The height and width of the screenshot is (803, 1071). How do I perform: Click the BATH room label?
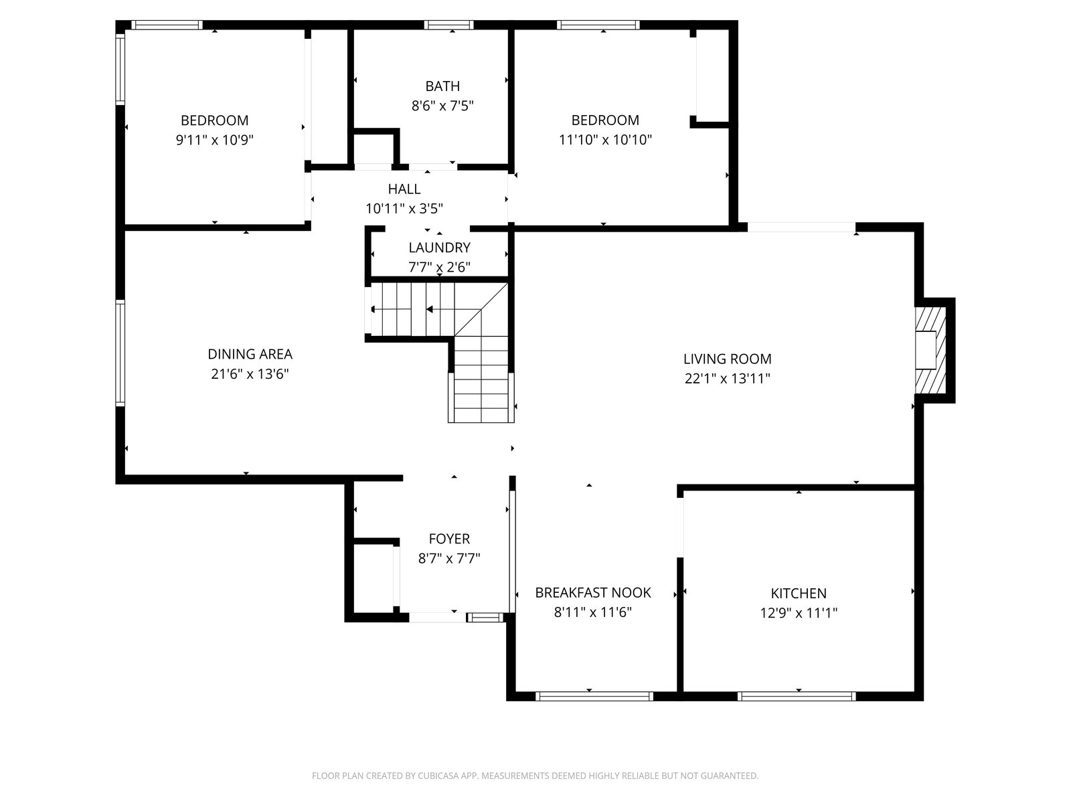pyautogui.click(x=442, y=86)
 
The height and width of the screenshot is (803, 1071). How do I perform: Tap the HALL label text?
pyautogui.click(x=404, y=189)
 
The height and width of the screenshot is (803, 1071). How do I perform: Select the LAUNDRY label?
pyautogui.click(x=439, y=248)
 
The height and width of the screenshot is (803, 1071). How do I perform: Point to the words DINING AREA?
pyautogui.click(x=250, y=354)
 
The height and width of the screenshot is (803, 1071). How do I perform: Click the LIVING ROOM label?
pyautogui.click(x=727, y=359)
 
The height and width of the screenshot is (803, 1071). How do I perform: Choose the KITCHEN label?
pyautogui.click(x=799, y=594)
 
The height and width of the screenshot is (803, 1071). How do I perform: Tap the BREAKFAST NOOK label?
pyautogui.click(x=593, y=592)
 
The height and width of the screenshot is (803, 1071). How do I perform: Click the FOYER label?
pyautogui.click(x=449, y=539)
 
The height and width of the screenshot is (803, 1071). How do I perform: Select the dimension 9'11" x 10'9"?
pyautogui.click(x=215, y=141)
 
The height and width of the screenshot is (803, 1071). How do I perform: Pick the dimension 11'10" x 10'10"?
pyautogui.click(x=605, y=140)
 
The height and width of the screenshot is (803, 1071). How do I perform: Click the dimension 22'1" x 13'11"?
pyautogui.click(x=727, y=379)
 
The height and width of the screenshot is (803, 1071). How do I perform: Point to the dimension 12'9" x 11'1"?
pyautogui.click(x=799, y=613)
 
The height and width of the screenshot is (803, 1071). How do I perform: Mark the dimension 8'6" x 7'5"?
pyautogui.click(x=442, y=106)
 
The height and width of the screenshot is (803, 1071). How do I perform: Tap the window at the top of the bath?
pyautogui.click(x=448, y=25)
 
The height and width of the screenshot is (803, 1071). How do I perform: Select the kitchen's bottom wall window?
pyautogui.click(x=797, y=696)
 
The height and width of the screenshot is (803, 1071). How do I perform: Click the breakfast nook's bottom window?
pyautogui.click(x=594, y=696)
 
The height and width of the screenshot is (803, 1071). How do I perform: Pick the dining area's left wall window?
pyautogui.click(x=120, y=353)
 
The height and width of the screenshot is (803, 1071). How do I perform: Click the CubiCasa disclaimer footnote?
pyautogui.click(x=535, y=775)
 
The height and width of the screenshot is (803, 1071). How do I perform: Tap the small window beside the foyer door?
pyautogui.click(x=485, y=618)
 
